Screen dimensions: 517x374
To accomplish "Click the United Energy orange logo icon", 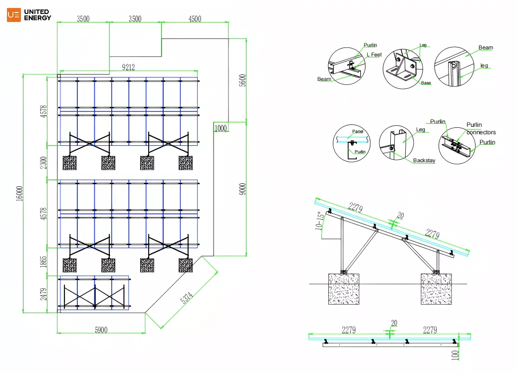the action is coord(14,15).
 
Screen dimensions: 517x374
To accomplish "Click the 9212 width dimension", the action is coord(128,67).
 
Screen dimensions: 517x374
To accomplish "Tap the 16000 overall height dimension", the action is coord(19,193).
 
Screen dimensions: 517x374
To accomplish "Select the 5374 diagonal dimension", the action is coord(187,298).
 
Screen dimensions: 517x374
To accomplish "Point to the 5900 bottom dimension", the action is coord(101,330).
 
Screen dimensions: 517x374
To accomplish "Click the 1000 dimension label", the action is coord(221,128).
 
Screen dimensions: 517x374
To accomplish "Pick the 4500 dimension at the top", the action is coord(195,19).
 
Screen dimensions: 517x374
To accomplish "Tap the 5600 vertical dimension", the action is coord(243,80).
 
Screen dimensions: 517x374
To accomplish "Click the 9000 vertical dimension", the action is coord(243,189).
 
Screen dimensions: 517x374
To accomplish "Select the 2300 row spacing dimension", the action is coord(43,163).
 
